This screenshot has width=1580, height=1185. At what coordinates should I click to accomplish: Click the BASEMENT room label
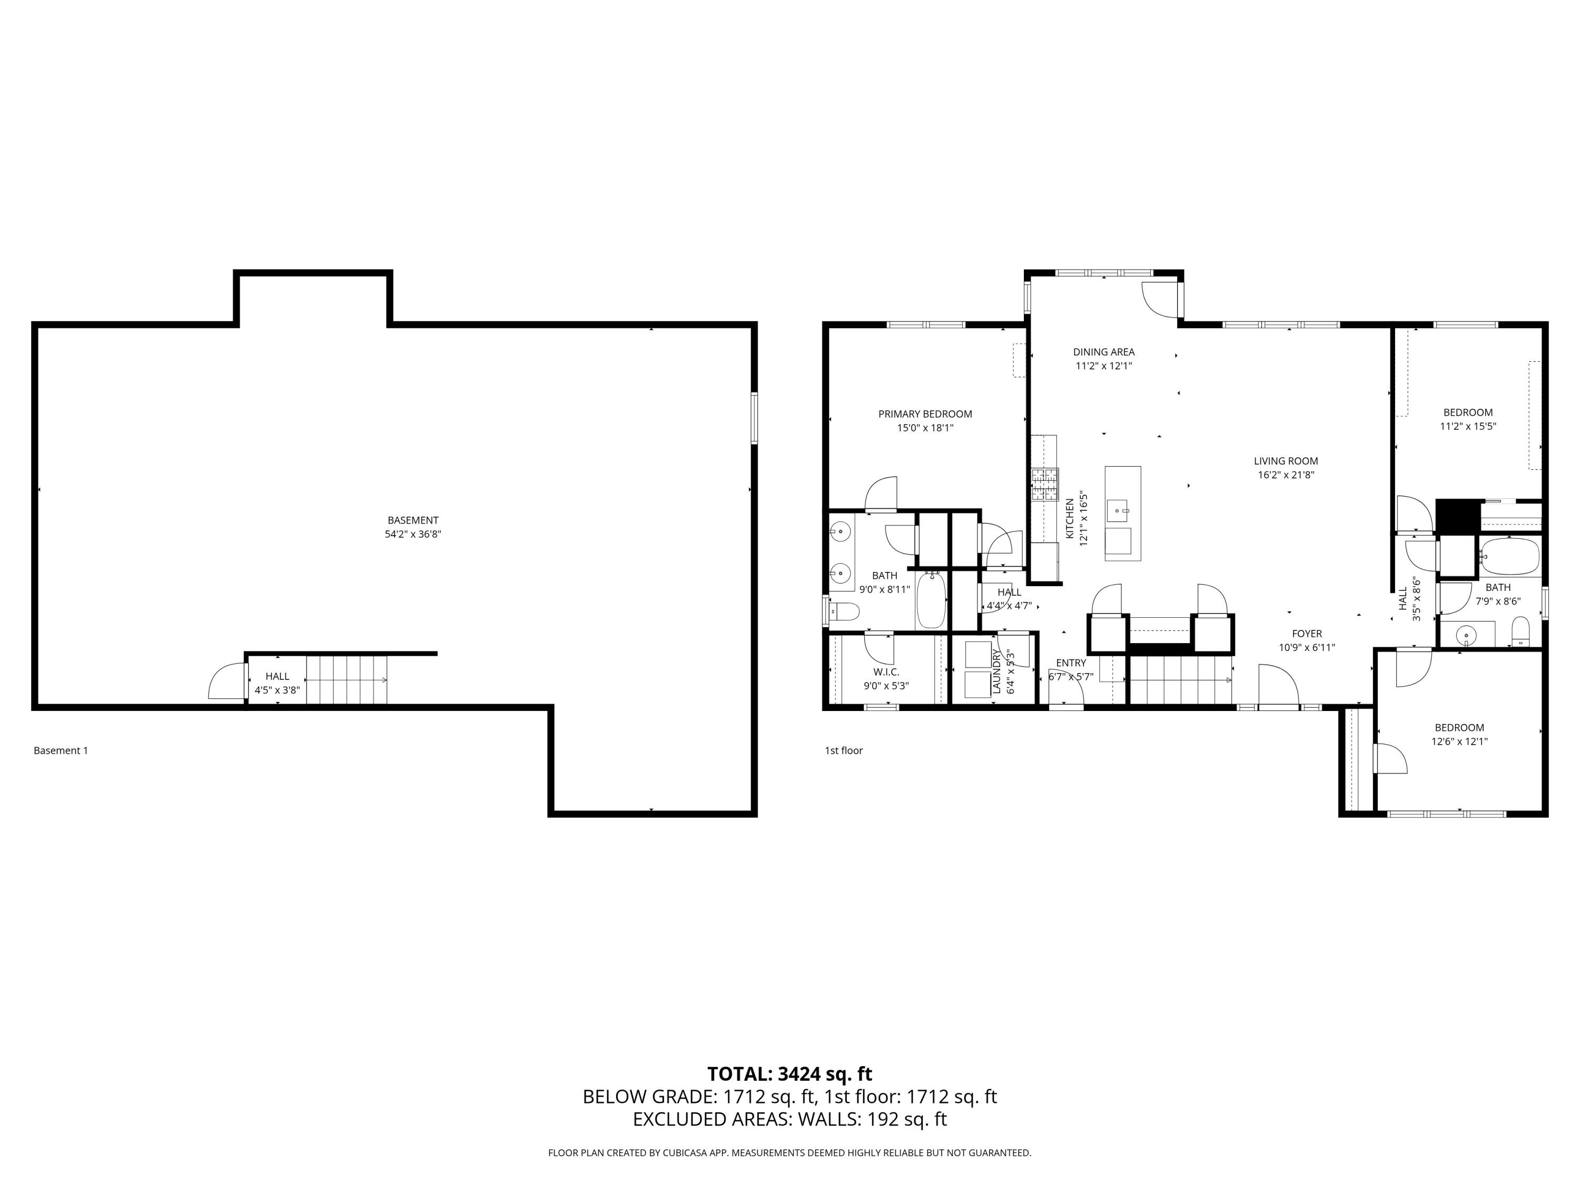413,520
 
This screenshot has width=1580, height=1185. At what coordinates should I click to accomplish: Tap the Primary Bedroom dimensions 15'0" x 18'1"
925,428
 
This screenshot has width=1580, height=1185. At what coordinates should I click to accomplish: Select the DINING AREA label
1103,351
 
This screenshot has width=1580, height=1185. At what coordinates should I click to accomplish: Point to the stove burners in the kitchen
1044,485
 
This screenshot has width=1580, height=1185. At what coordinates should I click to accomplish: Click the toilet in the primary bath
844,612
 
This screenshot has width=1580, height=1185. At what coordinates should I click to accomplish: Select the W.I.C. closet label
886,672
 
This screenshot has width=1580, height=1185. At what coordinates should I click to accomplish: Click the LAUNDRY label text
996,672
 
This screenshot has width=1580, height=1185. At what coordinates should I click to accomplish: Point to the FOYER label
1307,634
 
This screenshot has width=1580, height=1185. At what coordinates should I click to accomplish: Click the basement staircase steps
347,679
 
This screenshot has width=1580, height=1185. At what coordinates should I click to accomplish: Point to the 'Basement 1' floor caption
61,750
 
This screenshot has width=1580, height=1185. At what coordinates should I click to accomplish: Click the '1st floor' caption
844,750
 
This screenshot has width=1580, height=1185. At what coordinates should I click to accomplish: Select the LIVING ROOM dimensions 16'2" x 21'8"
1286,475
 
